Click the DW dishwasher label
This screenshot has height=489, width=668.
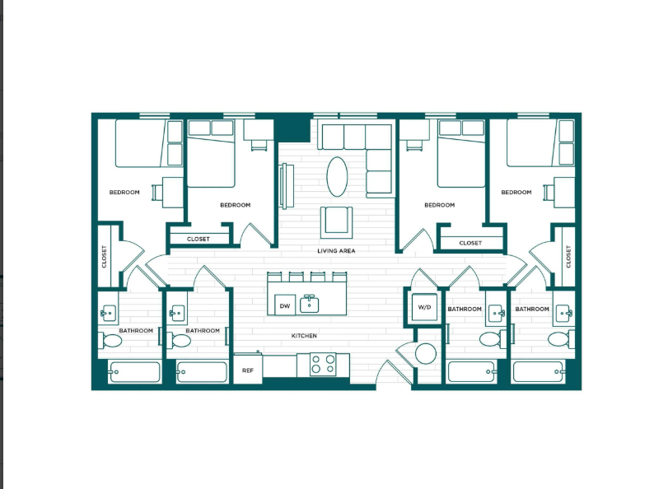[285, 306]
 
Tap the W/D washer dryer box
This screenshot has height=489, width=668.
[425, 307]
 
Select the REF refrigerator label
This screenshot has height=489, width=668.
[247, 370]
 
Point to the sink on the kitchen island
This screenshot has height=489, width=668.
[310, 303]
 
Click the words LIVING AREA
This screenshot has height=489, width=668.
[337, 250]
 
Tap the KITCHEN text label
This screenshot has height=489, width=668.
[304, 336]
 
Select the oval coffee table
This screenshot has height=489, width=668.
[337, 176]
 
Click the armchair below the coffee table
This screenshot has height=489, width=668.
[337, 220]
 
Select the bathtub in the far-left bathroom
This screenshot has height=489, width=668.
[134, 372]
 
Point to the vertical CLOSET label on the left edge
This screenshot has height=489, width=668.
[105, 257]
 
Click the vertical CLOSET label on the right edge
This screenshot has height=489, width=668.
[568, 257]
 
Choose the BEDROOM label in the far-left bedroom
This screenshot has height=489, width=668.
[124, 193]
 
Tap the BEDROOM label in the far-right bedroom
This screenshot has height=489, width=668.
[516, 192]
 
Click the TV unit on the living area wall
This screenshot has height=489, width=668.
[283, 186]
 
